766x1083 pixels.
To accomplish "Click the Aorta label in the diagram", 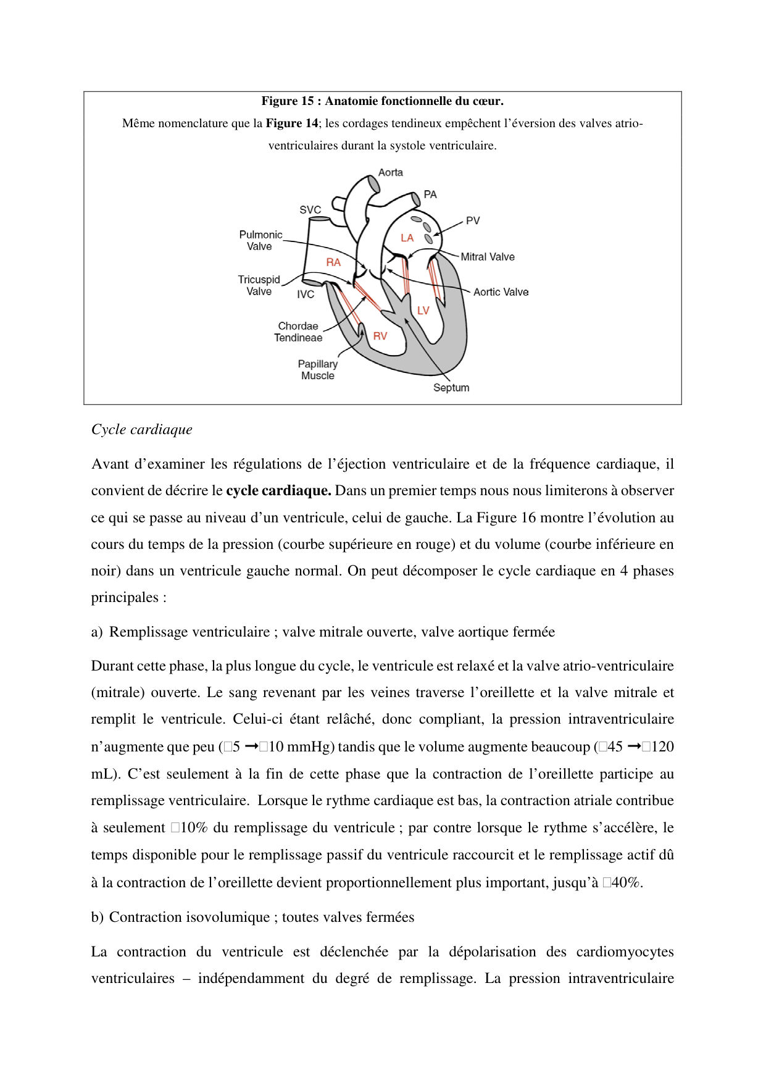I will click(x=390, y=172).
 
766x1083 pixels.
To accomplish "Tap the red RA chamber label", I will click(x=333, y=262).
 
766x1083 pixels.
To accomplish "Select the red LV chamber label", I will click(x=423, y=311).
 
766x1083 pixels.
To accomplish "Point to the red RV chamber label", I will click(x=380, y=336).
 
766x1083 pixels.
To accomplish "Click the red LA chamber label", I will click(x=407, y=238).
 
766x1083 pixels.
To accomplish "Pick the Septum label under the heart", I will click(x=451, y=388).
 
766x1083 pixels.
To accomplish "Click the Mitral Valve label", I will click(x=487, y=257).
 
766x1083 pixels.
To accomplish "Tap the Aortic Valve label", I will click(x=501, y=292).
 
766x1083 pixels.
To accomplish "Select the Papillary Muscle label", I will click(x=318, y=370).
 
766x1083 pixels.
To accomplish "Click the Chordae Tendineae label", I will click(x=298, y=332).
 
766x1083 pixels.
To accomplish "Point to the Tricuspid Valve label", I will click(x=259, y=285).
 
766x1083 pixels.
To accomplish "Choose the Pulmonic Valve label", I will click(x=260, y=240).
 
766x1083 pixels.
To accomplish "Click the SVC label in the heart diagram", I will click(x=310, y=210).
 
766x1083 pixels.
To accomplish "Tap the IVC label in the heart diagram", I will click(x=306, y=295).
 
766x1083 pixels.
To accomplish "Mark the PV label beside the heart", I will click(x=473, y=220).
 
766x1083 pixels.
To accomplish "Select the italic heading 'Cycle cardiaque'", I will click(x=142, y=430).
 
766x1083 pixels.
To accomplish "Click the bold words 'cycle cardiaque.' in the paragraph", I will click(x=278, y=491).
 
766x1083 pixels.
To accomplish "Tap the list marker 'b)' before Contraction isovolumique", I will click(x=97, y=918).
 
